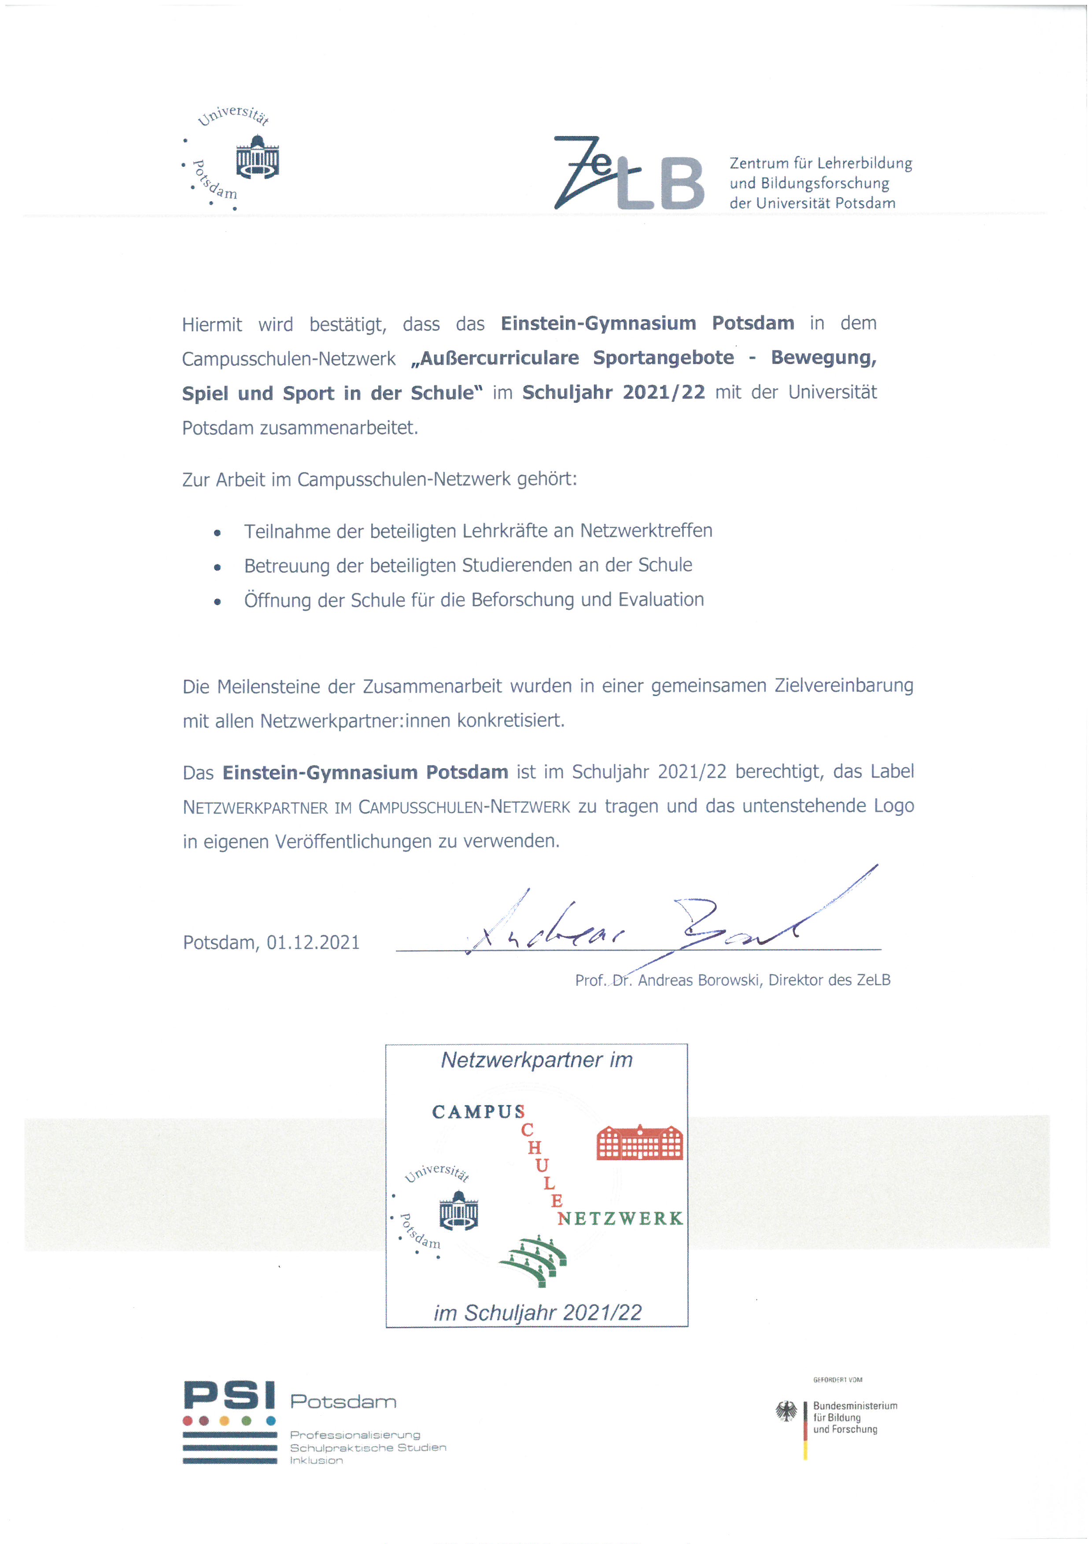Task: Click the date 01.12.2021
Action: pyautogui.click(x=313, y=942)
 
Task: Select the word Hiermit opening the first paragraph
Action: pyautogui.click(x=212, y=325)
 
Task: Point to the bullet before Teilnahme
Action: pyautogui.click(x=217, y=533)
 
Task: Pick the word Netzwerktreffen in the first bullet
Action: pyautogui.click(x=646, y=531)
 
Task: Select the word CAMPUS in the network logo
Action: pyautogui.click(x=477, y=1112)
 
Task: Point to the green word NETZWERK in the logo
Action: pyautogui.click(x=620, y=1219)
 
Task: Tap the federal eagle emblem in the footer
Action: pyautogui.click(x=786, y=1411)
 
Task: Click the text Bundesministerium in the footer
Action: pyautogui.click(x=855, y=1405)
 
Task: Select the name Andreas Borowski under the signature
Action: pyautogui.click(x=699, y=980)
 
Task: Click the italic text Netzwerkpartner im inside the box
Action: pyautogui.click(x=537, y=1061)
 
